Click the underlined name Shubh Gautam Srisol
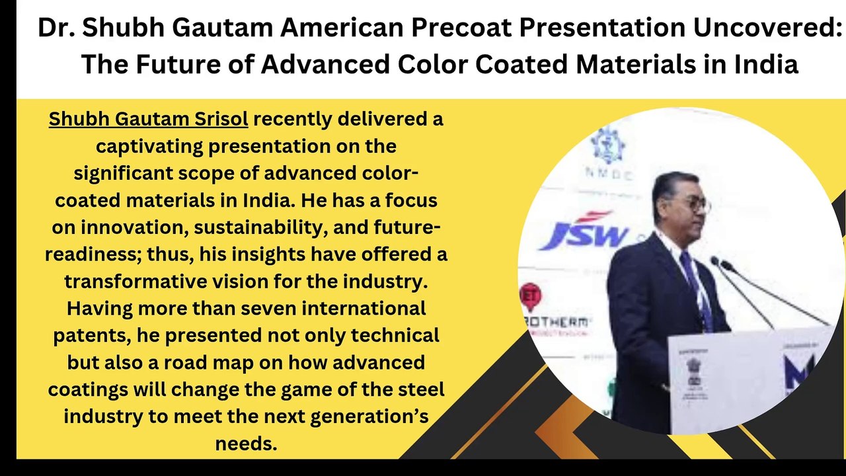[149, 119]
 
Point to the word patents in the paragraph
[92, 335]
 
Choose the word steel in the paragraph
[417, 389]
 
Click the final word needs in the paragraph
[246, 443]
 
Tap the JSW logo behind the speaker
[582, 231]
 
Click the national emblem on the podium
[693, 370]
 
